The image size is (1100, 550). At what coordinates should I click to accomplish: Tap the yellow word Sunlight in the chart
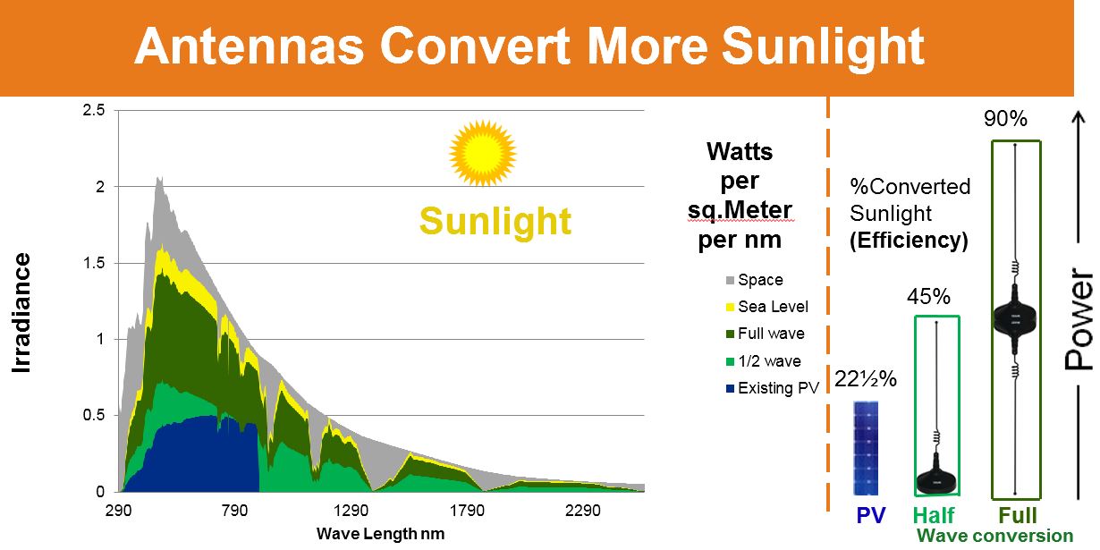[x=495, y=220]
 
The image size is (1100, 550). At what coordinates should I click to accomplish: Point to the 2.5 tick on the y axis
[x=94, y=110]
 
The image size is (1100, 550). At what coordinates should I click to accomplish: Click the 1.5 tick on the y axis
[x=94, y=263]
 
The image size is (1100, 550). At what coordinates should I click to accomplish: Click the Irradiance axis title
[x=22, y=313]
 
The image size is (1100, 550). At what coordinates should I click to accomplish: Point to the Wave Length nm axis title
[x=380, y=534]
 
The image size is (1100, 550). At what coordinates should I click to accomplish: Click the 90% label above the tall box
[x=1006, y=119]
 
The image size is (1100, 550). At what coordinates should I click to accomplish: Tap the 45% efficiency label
[x=928, y=297]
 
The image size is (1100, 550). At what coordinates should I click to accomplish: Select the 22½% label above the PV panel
[x=866, y=379]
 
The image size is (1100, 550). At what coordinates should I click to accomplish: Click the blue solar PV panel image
[x=866, y=447]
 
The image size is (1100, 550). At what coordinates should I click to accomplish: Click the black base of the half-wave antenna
[x=936, y=480]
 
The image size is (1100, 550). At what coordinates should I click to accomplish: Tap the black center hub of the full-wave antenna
[x=1016, y=318]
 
